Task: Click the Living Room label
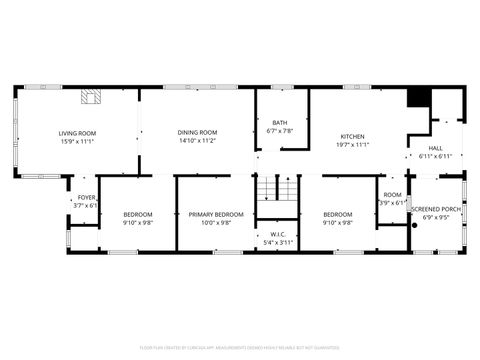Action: [77, 133]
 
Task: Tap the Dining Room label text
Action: [197, 133]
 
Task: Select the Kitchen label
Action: [352, 137]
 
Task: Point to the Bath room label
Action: [281, 124]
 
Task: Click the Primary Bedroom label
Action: [216, 215]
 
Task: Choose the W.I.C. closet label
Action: [278, 235]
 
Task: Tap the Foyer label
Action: [87, 198]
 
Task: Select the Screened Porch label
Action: [437, 209]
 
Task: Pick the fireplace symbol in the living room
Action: [91, 97]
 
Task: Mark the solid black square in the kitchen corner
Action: [418, 97]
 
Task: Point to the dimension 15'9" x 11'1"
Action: [77, 141]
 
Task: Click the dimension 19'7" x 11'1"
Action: [352, 145]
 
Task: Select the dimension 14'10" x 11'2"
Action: [197, 141]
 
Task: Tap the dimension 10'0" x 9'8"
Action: [216, 223]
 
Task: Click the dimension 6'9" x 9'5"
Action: [437, 217]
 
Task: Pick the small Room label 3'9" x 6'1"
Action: [393, 199]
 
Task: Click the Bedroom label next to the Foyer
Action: [138, 215]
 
